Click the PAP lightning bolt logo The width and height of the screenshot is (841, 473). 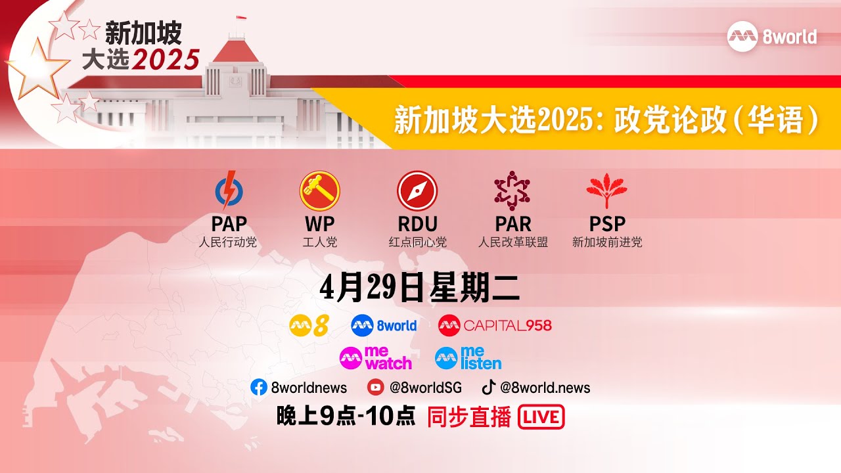[x=229, y=191]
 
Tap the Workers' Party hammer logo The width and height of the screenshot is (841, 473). [x=319, y=191]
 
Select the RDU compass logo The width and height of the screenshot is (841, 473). [x=417, y=191]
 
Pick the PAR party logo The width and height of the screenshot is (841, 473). [x=512, y=191]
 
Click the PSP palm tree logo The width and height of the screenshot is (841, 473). [x=606, y=191]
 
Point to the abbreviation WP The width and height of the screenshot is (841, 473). [x=319, y=224]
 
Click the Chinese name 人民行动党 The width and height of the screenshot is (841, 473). [x=228, y=242]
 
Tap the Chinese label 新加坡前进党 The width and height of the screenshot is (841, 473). [x=606, y=242]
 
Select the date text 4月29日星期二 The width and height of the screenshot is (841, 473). [x=420, y=288]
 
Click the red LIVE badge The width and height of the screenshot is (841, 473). [x=541, y=417]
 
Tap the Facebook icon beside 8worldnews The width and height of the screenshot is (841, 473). [x=259, y=388]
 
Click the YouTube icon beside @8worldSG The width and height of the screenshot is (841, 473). [x=375, y=388]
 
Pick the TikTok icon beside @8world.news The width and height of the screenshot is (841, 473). [x=489, y=387]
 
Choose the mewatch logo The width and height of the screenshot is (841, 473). [x=376, y=358]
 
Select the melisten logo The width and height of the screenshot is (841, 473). [x=468, y=358]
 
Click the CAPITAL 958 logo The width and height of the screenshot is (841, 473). [x=495, y=325]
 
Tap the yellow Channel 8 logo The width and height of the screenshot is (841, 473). [x=309, y=325]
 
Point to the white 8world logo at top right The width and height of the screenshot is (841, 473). [x=772, y=37]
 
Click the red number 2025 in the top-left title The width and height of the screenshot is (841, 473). [x=166, y=60]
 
